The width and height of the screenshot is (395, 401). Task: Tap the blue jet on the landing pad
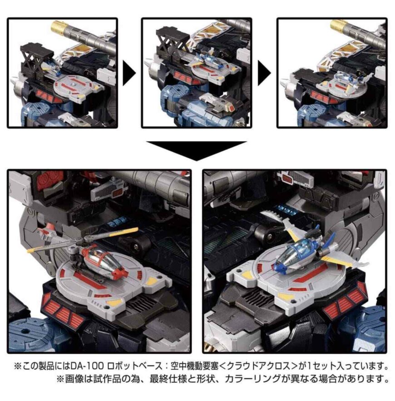[x=307, y=256]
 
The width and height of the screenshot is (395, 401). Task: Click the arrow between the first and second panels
[x=129, y=73]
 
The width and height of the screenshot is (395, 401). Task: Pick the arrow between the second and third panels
[x=264, y=73]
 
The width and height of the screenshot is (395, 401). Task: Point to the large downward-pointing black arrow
[x=197, y=151]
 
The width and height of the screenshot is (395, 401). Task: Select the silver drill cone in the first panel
[x=16, y=83]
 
